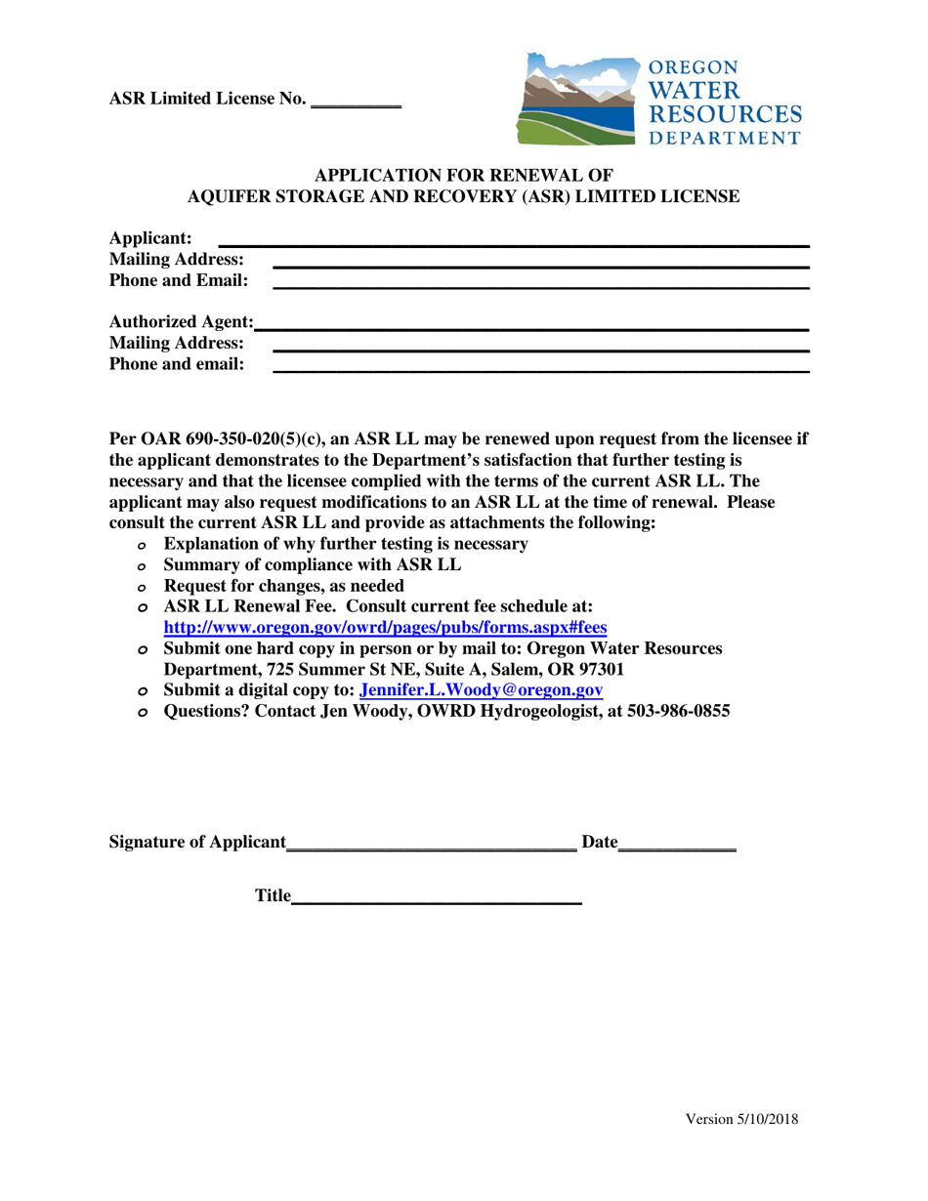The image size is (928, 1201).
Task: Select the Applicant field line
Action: [x=514, y=243]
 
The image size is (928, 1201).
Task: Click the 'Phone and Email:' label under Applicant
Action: [x=179, y=281]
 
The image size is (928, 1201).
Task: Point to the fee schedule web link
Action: [x=385, y=628]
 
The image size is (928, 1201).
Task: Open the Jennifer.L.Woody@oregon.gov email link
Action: [x=482, y=690]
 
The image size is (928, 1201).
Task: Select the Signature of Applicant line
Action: [x=432, y=849]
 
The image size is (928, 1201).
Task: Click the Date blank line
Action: [x=678, y=849]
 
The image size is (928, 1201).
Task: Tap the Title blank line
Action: [x=437, y=903]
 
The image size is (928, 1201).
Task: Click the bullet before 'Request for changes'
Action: [x=143, y=588]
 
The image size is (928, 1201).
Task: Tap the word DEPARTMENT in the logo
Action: [x=725, y=138]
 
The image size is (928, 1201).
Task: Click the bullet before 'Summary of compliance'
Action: [x=143, y=566]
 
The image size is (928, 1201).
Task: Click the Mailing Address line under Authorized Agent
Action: [x=540, y=349]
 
